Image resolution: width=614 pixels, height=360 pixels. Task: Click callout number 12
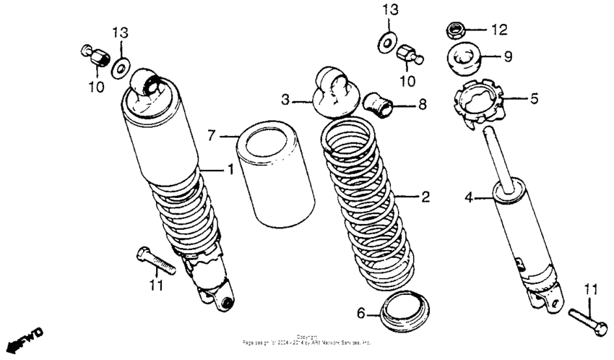[499, 30]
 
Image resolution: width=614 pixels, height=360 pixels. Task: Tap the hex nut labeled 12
[456, 31]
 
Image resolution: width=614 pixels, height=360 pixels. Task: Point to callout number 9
[508, 55]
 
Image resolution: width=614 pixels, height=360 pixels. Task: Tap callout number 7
[212, 135]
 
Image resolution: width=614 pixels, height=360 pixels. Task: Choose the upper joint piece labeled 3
[334, 90]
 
